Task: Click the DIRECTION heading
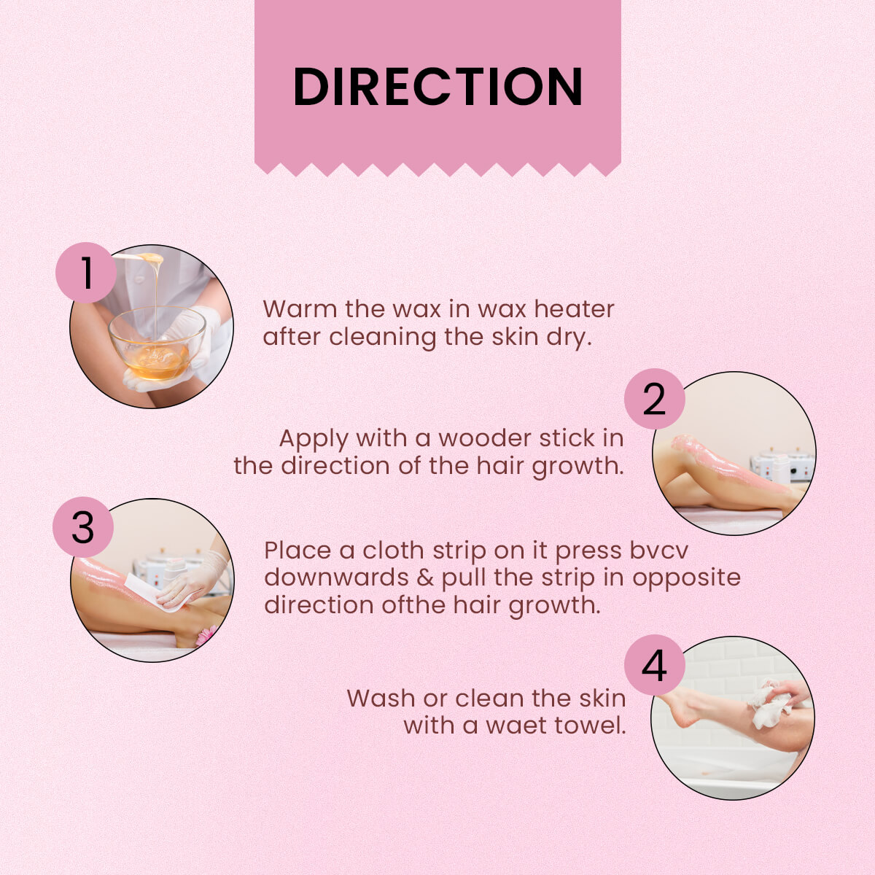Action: (x=437, y=86)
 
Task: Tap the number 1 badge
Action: (x=86, y=273)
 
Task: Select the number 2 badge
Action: (x=654, y=399)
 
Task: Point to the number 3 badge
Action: (x=83, y=526)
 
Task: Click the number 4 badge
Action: (x=654, y=665)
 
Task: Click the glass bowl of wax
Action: (x=157, y=343)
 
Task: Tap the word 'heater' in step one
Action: (x=574, y=309)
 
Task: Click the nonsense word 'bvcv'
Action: (x=659, y=551)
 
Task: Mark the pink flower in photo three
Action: (x=206, y=636)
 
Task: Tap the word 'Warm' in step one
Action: (x=300, y=309)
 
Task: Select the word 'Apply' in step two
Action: (x=314, y=440)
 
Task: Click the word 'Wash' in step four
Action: (x=381, y=698)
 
